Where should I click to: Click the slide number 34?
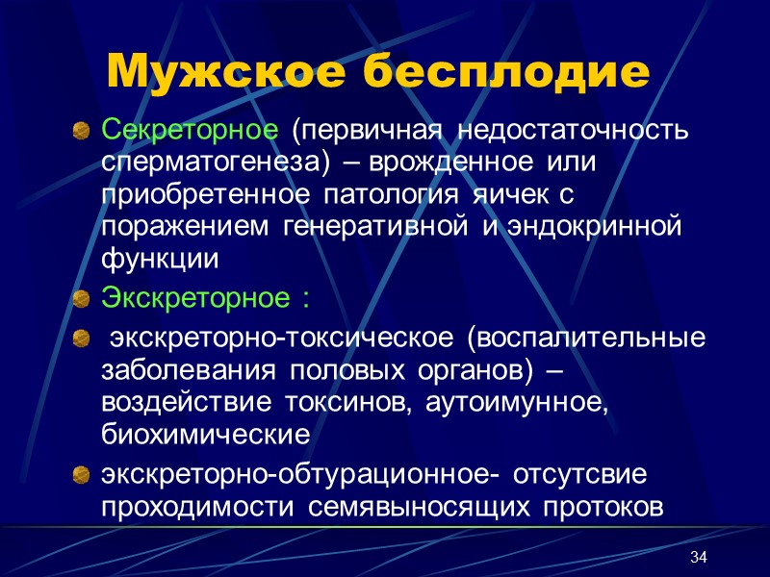point(700,559)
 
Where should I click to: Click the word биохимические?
point(204,436)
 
